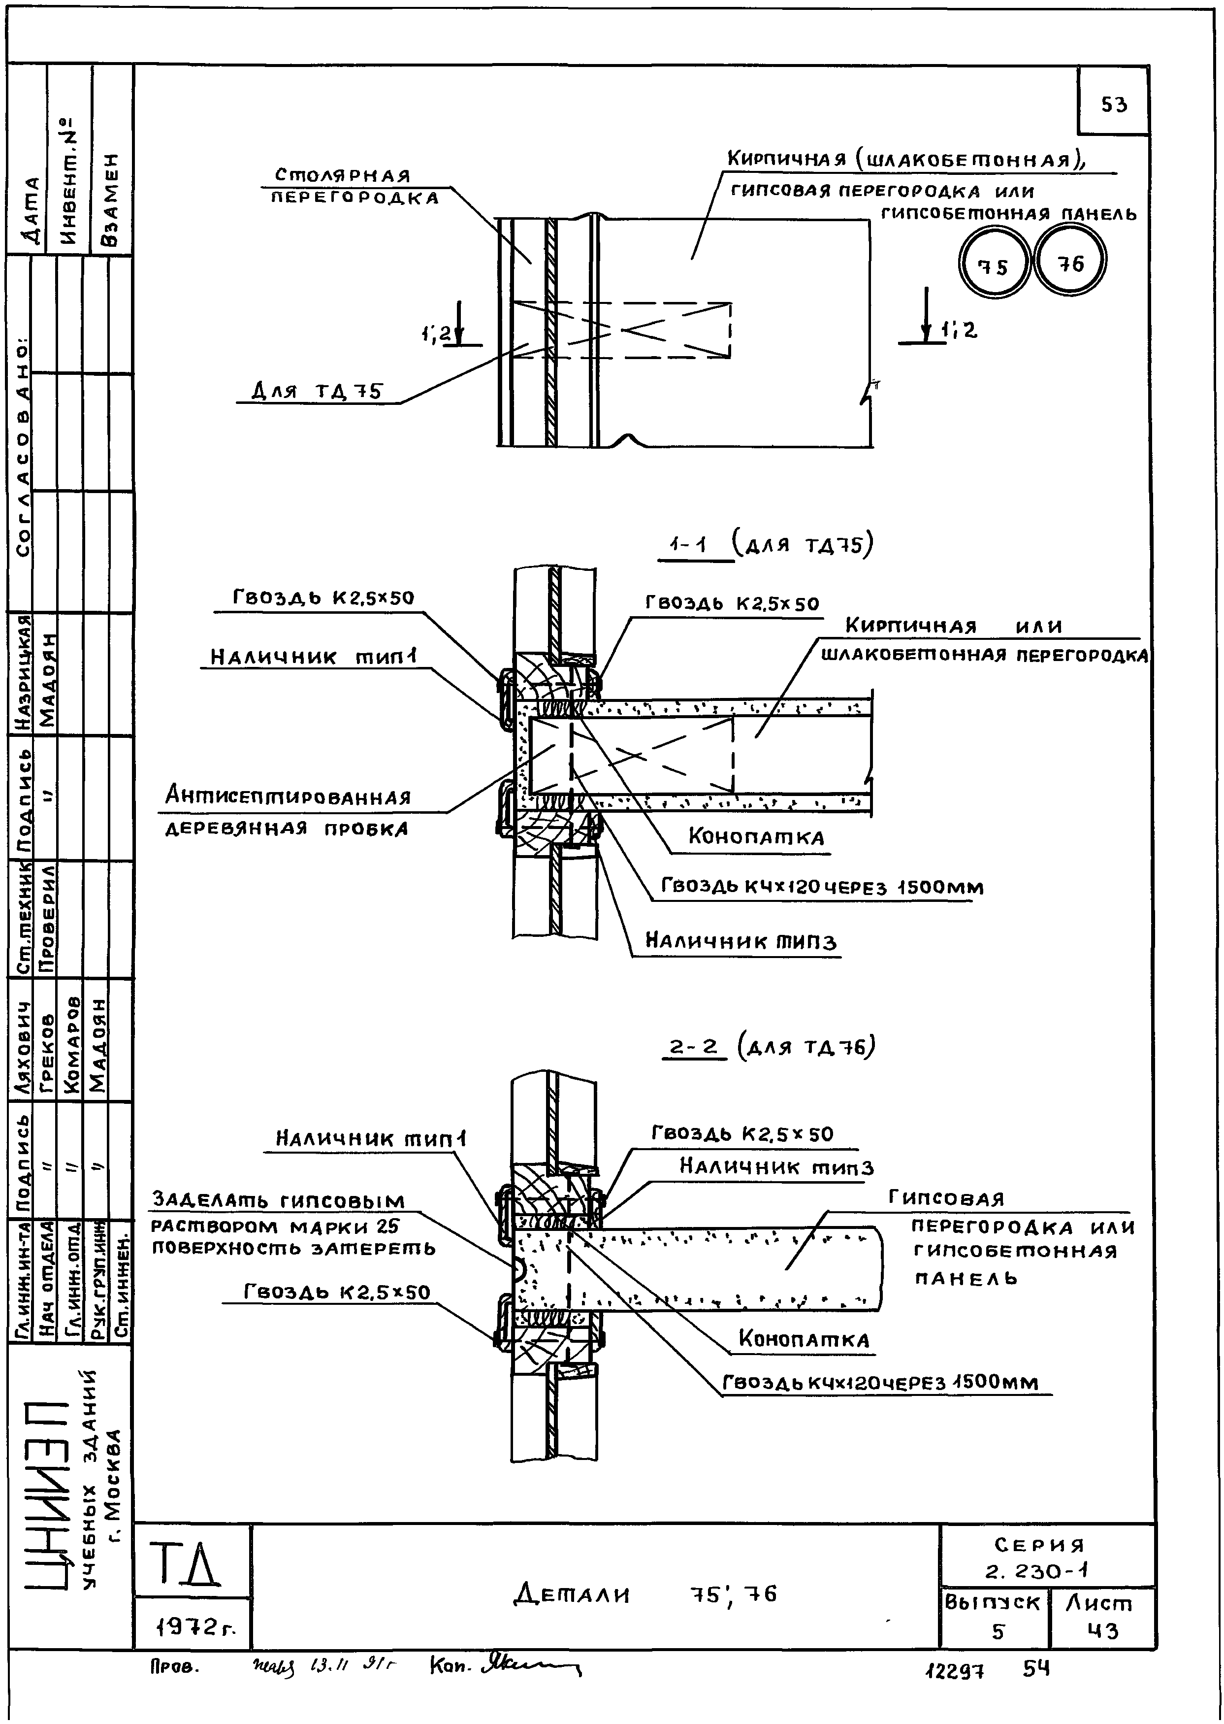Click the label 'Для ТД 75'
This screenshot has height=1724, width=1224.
(x=317, y=391)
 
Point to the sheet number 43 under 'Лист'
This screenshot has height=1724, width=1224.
(x=1103, y=1630)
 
